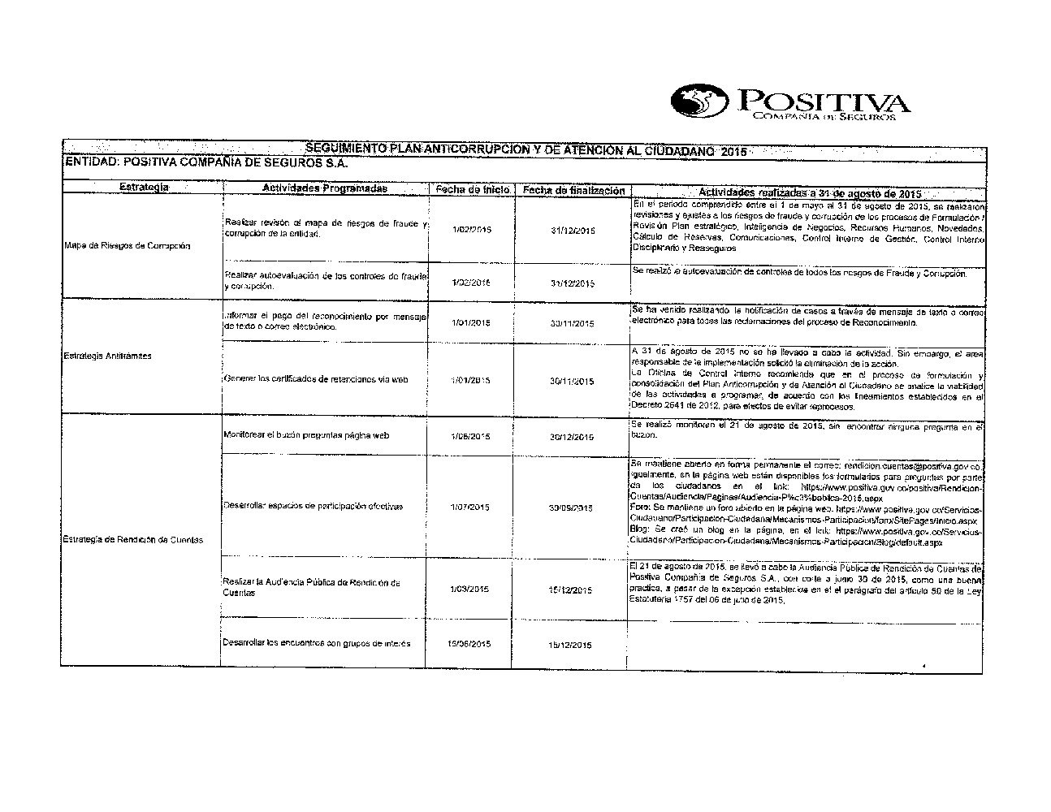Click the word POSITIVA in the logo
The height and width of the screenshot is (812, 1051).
click(x=820, y=101)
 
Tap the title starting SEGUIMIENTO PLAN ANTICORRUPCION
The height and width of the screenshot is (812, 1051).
click(x=524, y=150)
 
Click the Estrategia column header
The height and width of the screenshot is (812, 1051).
click(x=144, y=188)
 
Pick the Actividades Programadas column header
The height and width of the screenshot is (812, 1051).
click(x=325, y=188)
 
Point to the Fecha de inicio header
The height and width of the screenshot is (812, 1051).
click(x=472, y=189)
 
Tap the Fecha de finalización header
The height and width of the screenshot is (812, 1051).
click(x=573, y=190)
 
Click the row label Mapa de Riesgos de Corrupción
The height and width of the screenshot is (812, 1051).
click(x=127, y=245)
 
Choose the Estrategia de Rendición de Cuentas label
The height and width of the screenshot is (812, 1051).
click(x=132, y=540)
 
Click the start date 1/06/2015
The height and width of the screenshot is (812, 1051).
click(x=470, y=437)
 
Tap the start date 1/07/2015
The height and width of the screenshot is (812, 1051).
click(x=470, y=508)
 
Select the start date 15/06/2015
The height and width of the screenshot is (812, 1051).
click(x=469, y=645)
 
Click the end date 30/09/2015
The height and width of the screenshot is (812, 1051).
click(x=570, y=508)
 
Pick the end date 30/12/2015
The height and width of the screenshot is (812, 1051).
click(x=572, y=437)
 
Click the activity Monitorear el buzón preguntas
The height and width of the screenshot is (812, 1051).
click(x=306, y=435)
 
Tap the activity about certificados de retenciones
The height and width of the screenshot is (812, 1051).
click(x=315, y=379)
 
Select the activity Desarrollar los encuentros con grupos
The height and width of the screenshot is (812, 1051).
click(x=316, y=643)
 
